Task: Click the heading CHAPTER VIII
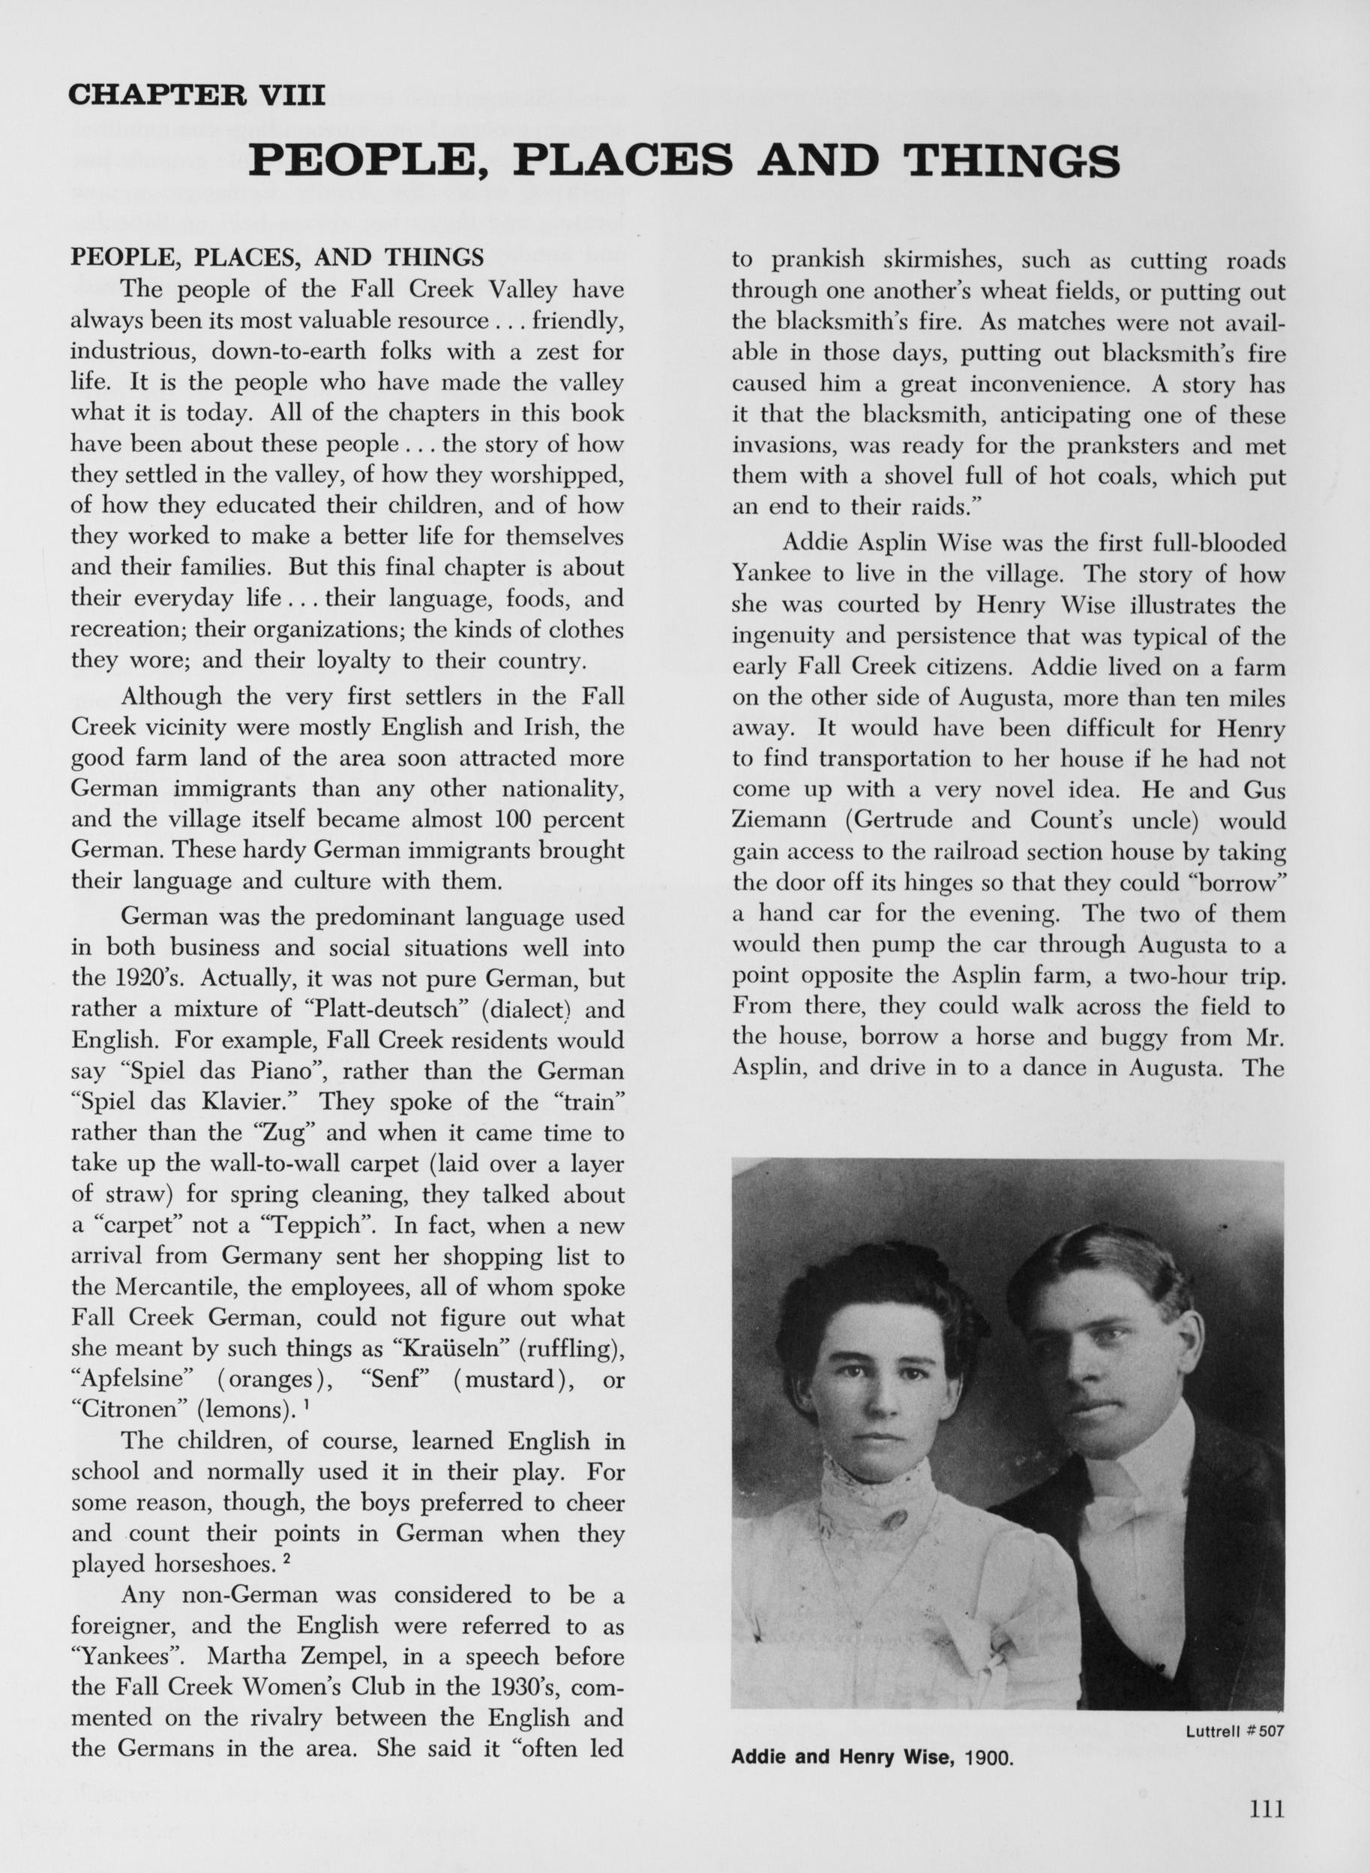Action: [196, 95]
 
